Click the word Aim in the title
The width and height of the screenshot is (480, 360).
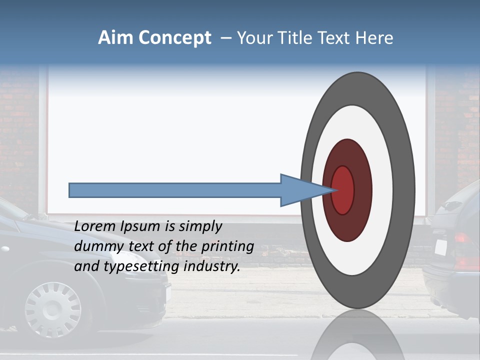pyautogui.click(x=115, y=37)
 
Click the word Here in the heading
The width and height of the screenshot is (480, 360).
pyautogui.click(x=374, y=38)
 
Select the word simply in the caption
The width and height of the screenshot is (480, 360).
pyautogui.click(x=200, y=227)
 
